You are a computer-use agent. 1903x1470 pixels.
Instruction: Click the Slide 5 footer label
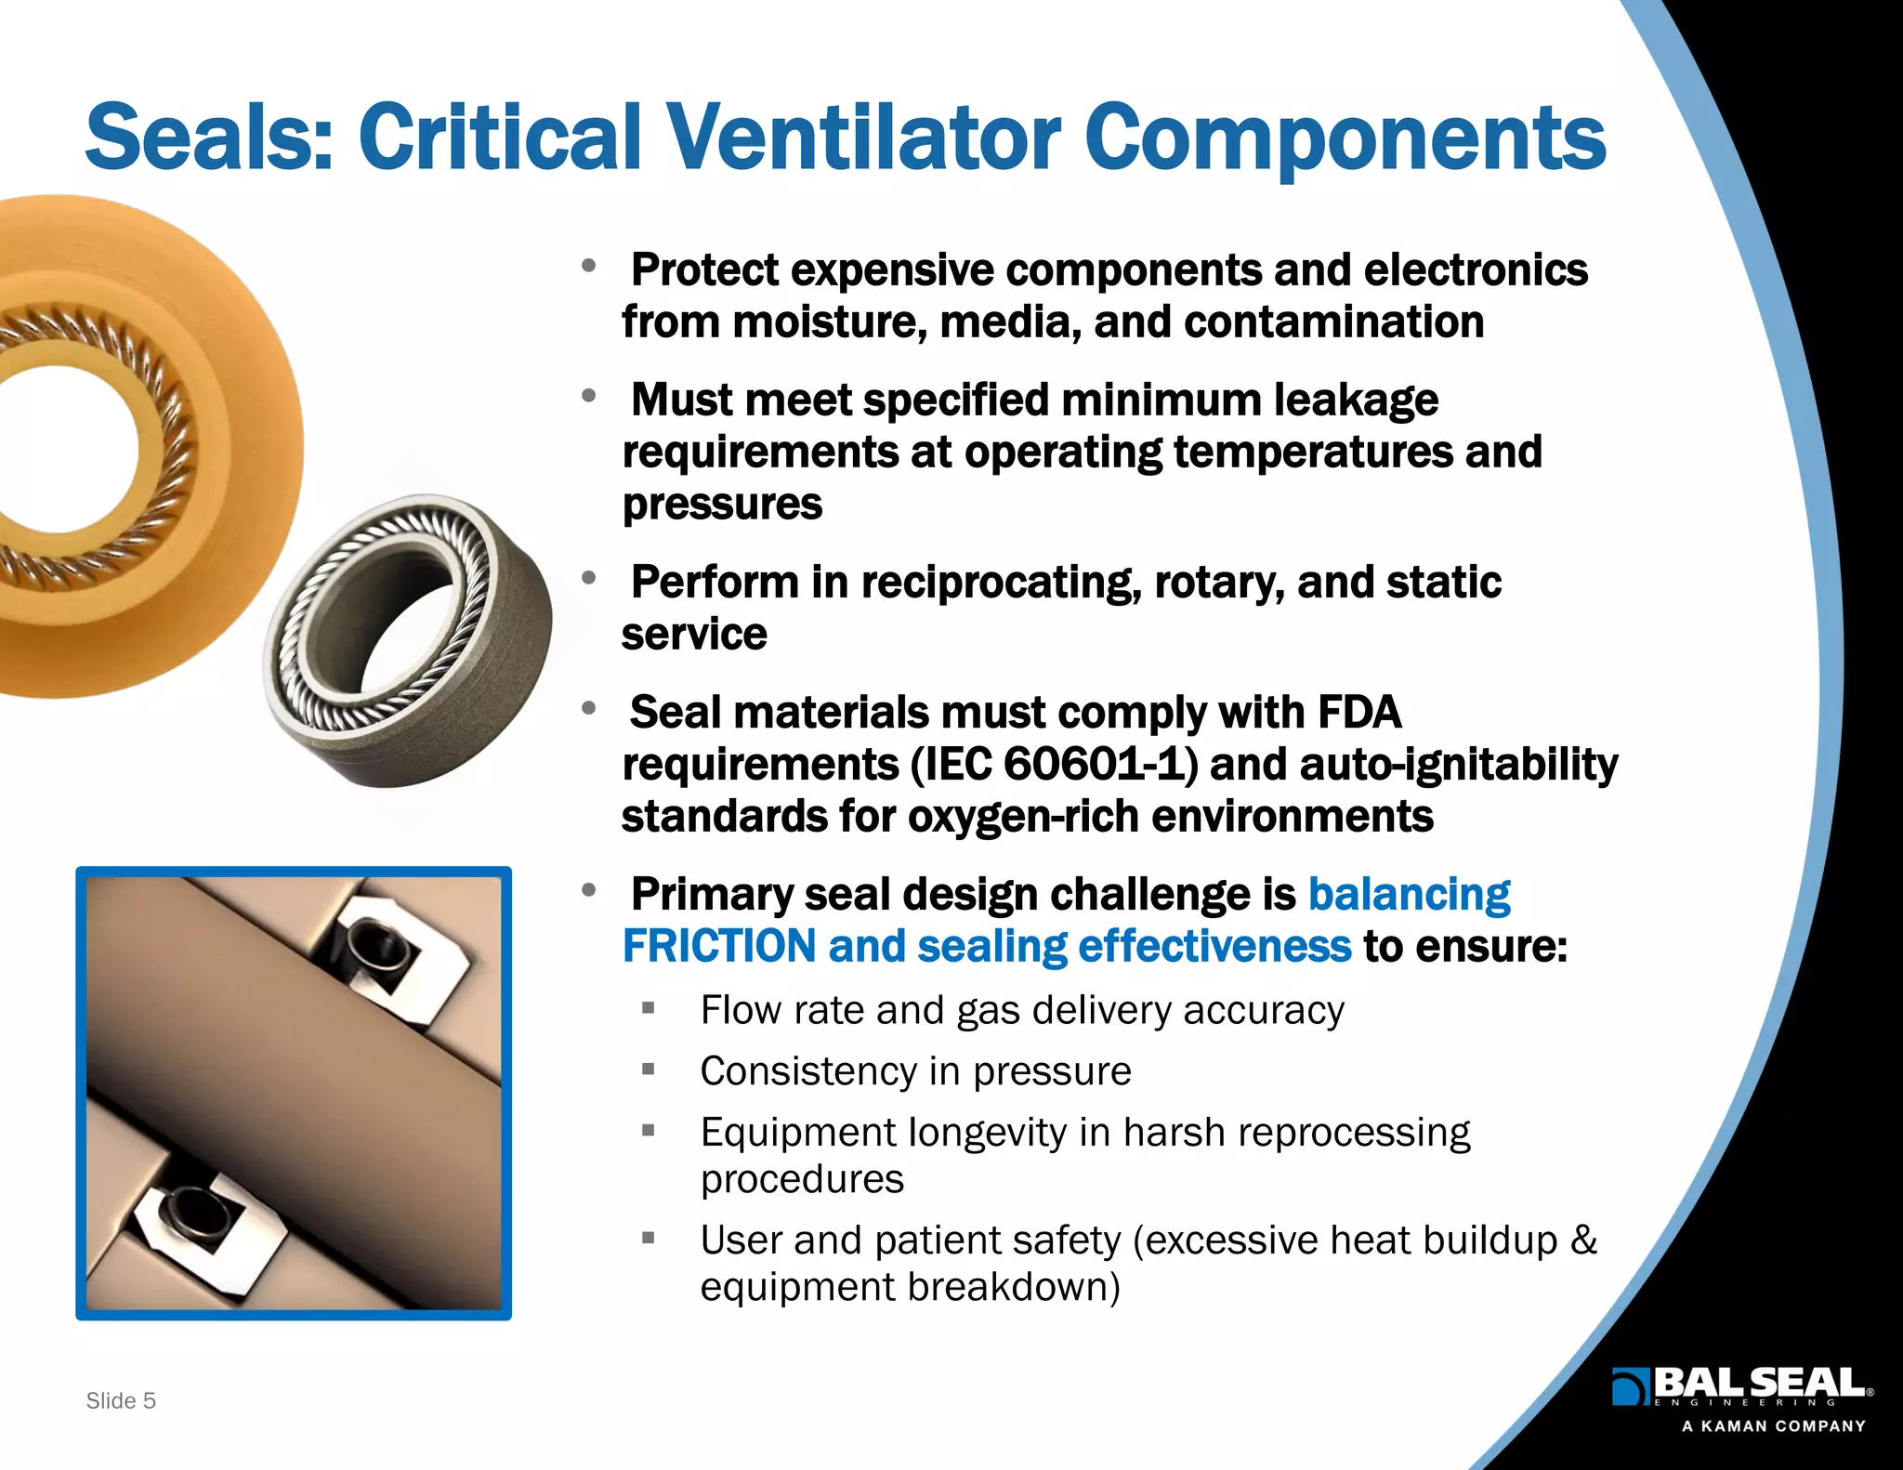coord(121,1400)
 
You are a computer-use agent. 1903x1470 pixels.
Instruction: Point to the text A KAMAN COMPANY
coord(1773,1426)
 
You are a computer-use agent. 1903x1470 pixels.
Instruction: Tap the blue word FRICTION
coord(718,947)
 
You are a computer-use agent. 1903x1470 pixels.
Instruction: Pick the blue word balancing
coord(1409,895)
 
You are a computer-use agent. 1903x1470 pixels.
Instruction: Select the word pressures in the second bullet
coord(722,505)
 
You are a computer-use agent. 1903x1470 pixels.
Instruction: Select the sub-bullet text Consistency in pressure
coord(915,1071)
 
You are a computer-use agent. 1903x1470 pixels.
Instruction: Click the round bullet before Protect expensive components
coord(588,267)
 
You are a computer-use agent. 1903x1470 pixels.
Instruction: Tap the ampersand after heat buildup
coord(1583,1240)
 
